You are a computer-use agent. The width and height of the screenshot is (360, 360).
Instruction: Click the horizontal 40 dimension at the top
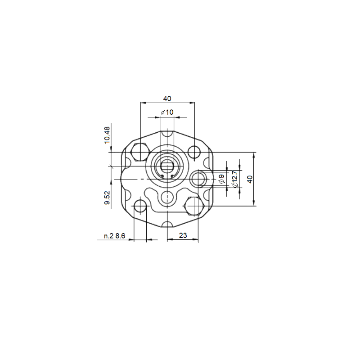pyautogui.click(x=167, y=99)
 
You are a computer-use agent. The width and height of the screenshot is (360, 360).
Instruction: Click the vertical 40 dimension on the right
pyautogui.click(x=250, y=179)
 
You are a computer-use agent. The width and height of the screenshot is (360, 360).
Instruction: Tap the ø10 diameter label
pyautogui.click(x=167, y=112)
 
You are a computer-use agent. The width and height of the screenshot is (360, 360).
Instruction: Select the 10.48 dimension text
pyautogui.click(x=107, y=135)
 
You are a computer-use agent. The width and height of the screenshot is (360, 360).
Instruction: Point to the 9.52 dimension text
pyautogui.click(x=107, y=198)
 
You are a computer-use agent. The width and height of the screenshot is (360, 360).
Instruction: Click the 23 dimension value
pyautogui.click(x=183, y=235)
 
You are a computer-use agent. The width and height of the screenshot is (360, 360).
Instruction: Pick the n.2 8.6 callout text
pyautogui.click(x=115, y=236)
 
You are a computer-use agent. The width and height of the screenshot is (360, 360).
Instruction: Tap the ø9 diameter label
pyautogui.click(x=221, y=179)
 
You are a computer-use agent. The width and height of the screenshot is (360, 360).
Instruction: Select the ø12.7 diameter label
pyautogui.click(x=234, y=179)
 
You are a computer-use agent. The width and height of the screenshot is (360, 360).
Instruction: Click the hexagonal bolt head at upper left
pyautogui.click(x=140, y=152)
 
